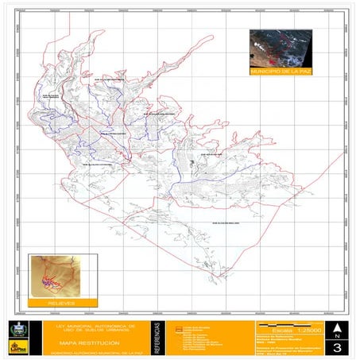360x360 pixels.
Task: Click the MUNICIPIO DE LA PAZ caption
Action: (x=281, y=71)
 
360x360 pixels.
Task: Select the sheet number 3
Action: (x=337, y=347)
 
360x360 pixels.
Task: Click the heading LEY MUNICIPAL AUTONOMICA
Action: (x=88, y=327)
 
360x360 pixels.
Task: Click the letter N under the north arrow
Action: (x=337, y=335)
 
